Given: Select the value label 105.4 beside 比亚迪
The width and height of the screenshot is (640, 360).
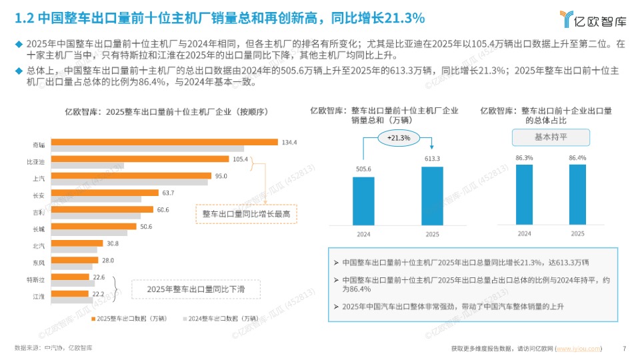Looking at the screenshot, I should (240, 159).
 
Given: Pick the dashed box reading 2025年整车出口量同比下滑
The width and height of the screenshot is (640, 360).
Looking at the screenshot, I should (194, 289).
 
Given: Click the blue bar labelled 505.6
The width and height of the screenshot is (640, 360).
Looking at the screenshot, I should (363, 201).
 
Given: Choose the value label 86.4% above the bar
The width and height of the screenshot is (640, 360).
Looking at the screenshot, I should (577, 158).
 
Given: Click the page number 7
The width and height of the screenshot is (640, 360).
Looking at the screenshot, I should (624, 348).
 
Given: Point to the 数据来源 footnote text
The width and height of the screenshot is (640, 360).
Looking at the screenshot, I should (53, 348).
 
